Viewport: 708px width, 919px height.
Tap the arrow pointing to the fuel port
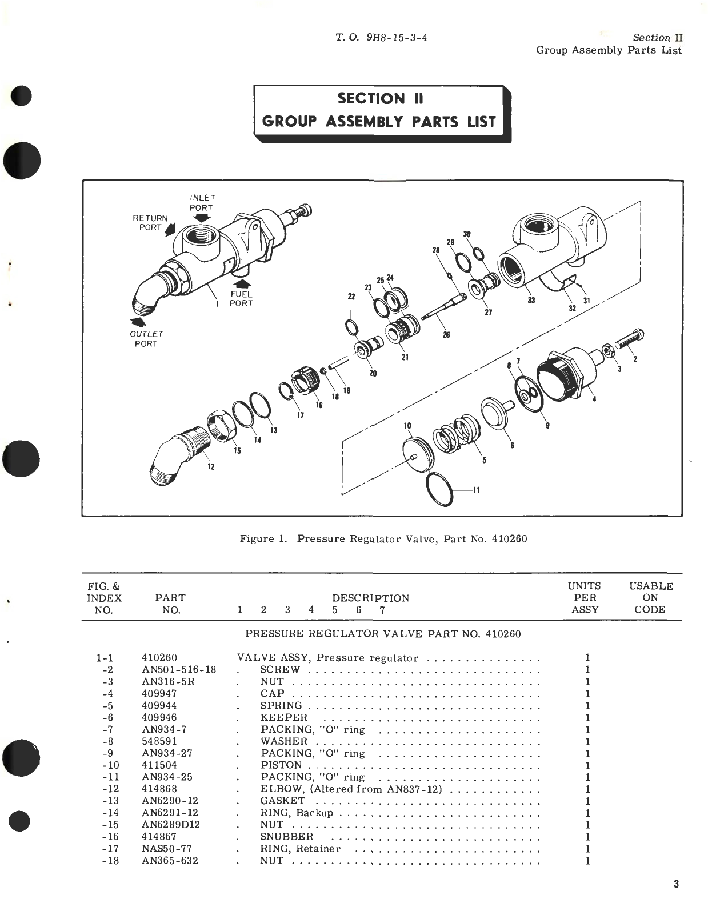click(x=242, y=283)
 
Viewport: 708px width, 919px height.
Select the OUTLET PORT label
click(x=146, y=338)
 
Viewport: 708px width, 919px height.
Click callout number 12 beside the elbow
click(x=211, y=467)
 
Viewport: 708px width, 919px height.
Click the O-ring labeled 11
click(x=439, y=489)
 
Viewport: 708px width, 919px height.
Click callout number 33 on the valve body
click(x=531, y=301)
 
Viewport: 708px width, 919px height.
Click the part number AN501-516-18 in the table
click(x=179, y=670)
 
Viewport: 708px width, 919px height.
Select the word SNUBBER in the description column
click(x=286, y=837)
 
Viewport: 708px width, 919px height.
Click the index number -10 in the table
click(x=111, y=765)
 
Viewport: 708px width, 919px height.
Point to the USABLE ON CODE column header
click(x=651, y=598)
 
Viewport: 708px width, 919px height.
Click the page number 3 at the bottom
click(x=676, y=884)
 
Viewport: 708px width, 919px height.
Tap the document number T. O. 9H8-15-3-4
click(x=382, y=38)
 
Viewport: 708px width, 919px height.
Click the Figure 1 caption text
click(x=383, y=539)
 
